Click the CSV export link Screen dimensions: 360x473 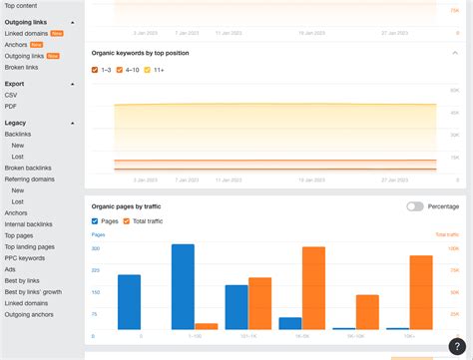[11, 95]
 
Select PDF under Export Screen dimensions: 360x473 [11, 106]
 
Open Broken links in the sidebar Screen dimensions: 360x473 [21, 67]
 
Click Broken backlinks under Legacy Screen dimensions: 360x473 [28, 168]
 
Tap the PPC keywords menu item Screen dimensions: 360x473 [25, 257]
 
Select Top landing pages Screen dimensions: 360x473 [30, 246]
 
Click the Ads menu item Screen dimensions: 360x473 [10, 268]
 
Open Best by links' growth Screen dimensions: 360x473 [33, 292]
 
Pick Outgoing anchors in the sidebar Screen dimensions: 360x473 [29, 314]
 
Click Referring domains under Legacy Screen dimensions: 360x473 [29, 179]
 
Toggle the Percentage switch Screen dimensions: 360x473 [414, 206]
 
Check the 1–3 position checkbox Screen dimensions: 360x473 [95, 70]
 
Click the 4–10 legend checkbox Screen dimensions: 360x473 [120, 70]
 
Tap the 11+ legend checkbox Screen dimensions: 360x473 [149, 70]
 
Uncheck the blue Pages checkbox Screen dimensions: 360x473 [95, 220]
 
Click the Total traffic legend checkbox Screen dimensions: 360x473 [127, 220]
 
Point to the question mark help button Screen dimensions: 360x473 [456, 346]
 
